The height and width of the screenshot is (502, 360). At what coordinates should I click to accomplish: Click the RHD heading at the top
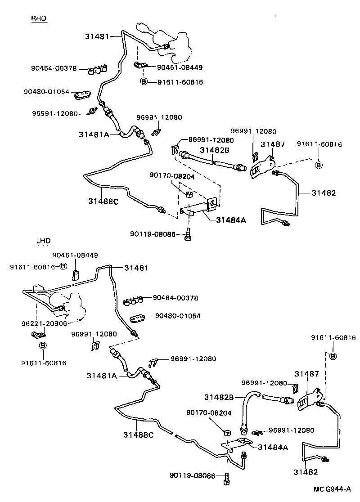point(39,18)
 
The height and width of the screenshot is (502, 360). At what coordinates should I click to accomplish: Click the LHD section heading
point(43,241)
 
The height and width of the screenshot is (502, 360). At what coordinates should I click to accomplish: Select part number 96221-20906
point(44,323)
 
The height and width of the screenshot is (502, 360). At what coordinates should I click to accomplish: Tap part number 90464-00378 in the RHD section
point(54,69)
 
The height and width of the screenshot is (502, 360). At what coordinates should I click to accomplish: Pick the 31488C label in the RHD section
point(103,201)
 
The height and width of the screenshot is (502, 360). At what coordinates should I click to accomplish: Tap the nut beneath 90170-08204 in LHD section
point(228,434)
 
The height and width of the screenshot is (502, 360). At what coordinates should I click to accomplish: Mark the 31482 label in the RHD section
point(323,193)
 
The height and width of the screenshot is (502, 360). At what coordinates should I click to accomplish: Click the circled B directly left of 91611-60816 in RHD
point(144,82)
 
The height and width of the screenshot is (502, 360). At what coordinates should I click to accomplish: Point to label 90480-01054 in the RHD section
point(46,92)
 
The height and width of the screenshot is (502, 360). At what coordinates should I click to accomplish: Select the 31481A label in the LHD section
point(102,376)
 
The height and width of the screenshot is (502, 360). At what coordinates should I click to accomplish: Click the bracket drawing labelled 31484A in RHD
point(198,208)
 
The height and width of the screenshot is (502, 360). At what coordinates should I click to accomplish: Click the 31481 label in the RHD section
point(97,36)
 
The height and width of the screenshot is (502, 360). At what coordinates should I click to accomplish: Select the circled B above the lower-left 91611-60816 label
point(43,346)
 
